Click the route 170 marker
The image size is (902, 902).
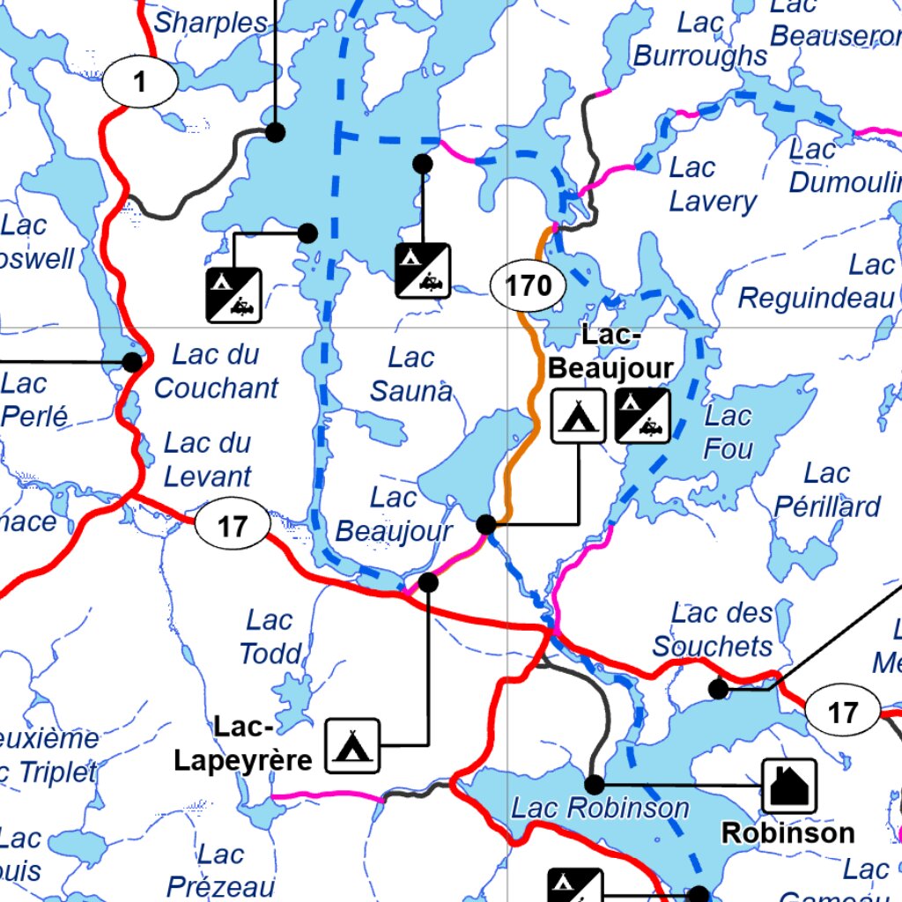[x=528, y=285]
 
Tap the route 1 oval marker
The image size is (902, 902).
[x=140, y=83]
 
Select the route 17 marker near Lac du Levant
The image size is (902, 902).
[x=233, y=527]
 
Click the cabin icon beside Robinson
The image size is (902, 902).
[x=788, y=786]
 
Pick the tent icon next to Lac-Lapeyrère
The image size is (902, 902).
[x=353, y=746]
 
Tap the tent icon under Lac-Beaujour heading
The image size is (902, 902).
[x=579, y=415]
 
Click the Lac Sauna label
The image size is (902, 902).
[x=411, y=374]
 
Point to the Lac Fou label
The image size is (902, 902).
[x=728, y=433]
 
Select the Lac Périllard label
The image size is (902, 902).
[x=827, y=490]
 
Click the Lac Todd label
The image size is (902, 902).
[x=270, y=637]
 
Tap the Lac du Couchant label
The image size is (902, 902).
[x=216, y=371]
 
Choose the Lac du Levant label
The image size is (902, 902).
[x=208, y=459]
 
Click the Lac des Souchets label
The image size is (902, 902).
[x=715, y=629]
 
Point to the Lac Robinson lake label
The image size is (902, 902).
[x=601, y=808]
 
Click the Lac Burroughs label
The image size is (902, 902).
[x=701, y=40]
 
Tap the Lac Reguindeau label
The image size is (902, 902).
[x=817, y=282]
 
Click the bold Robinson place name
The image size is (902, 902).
[x=788, y=832]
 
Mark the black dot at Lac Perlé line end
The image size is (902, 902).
[x=132, y=362]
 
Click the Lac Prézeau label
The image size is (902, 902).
[x=220, y=869]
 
